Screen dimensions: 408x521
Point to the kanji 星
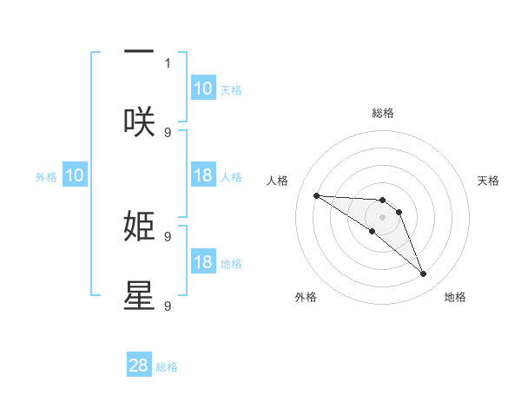pyautogui.click(x=139, y=295)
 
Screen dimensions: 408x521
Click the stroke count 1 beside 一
pyautogui.click(x=168, y=63)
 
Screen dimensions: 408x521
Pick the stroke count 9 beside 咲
pyautogui.click(x=168, y=132)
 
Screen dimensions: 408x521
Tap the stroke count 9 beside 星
pyautogui.click(x=168, y=306)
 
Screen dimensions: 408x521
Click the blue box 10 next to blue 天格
pyautogui.click(x=202, y=89)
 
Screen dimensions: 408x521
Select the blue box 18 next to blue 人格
pyautogui.click(x=202, y=175)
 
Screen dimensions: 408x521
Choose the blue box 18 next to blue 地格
pyautogui.click(x=202, y=262)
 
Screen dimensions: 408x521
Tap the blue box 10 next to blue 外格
pyautogui.click(x=75, y=175)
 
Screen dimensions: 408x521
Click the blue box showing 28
pyautogui.click(x=139, y=365)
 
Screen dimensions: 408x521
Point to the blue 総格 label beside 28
pyautogui.click(x=167, y=367)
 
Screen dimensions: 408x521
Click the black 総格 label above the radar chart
pyautogui.click(x=382, y=113)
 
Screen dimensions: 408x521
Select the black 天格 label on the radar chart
pyautogui.click(x=489, y=181)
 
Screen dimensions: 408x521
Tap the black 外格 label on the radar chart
pyautogui.click(x=306, y=297)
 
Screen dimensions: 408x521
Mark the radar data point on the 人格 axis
pyautogui.click(x=316, y=195)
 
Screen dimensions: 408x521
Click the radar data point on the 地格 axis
pyautogui.click(x=423, y=274)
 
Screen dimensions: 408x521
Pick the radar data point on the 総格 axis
pyautogui.click(x=382, y=201)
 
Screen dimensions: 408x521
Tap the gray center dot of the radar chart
pyautogui.click(x=382, y=217)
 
